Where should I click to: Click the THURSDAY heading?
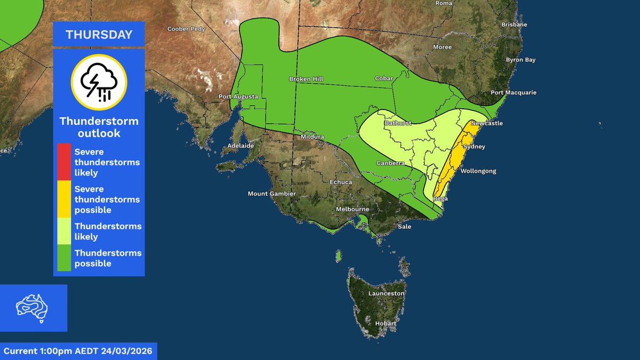click(x=99, y=35)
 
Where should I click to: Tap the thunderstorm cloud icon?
click(x=99, y=82)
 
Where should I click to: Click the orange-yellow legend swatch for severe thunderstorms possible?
click(x=64, y=199)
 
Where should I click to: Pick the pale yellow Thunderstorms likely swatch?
click(x=64, y=231)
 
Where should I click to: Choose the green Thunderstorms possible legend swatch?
click(x=64, y=258)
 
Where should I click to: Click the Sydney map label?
click(x=475, y=146)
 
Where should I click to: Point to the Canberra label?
click(x=390, y=163)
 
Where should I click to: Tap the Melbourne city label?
click(x=353, y=209)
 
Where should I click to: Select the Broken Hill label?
click(x=306, y=79)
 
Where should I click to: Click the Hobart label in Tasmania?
click(x=385, y=323)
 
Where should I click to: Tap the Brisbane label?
click(x=514, y=25)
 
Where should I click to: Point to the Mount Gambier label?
click(x=271, y=194)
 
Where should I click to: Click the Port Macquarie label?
click(x=513, y=92)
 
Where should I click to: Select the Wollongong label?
click(x=478, y=171)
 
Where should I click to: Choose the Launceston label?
click(x=387, y=293)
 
